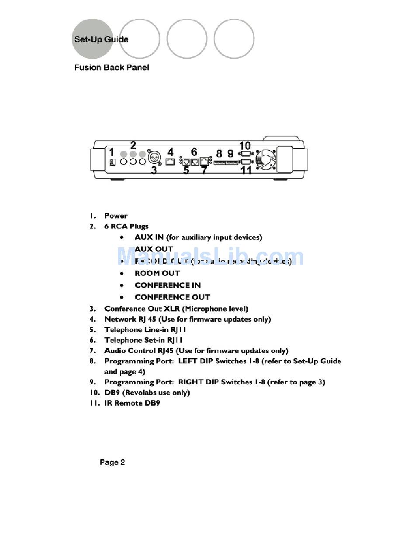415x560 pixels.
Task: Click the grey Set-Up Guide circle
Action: pyautogui.click(x=93, y=39)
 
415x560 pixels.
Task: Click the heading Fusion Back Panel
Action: pyautogui.click(x=112, y=68)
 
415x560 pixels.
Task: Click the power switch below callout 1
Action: pyautogui.click(x=112, y=162)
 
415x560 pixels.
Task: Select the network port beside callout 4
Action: pyautogui.click(x=171, y=162)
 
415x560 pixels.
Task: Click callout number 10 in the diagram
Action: pyautogui.click(x=245, y=146)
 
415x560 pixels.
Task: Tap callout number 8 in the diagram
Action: pyautogui.click(x=219, y=154)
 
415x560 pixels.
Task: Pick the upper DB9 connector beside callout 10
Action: pyautogui.click(x=246, y=154)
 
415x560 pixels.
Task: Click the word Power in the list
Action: pyautogui.click(x=116, y=216)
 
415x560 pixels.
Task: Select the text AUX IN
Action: pyautogui.click(x=149, y=237)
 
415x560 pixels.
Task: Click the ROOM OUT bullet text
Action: pyautogui.click(x=157, y=273)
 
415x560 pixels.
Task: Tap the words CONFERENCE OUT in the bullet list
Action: pyautogui.click(x=173, y=297)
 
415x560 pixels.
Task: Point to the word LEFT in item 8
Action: pyautogui.click(x=188, y=361)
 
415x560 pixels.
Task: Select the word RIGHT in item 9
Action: pyautogui.click(x=190, y=382)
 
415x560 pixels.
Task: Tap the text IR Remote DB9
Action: pyautogui.click(x=132, y=403)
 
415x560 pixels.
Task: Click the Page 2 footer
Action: pyautogui.click(x=112, y=462)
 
